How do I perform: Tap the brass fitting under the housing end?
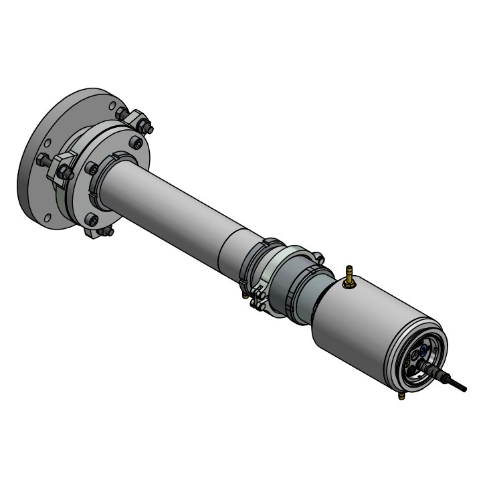401,397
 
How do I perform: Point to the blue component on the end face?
422,347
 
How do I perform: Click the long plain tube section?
174,204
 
